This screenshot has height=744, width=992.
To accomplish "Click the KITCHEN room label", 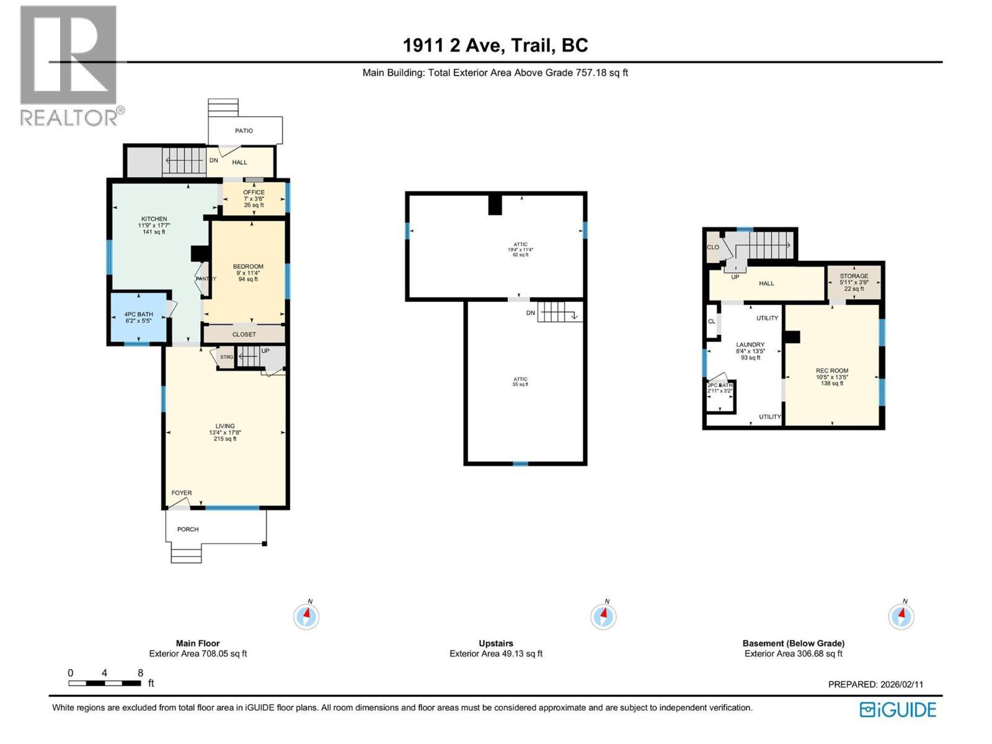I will click(154, 219).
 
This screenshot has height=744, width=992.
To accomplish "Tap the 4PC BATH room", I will click(138, 317).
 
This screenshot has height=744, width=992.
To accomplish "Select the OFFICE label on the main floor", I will click(254, 193).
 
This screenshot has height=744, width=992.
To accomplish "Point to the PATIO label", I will click(244, 131).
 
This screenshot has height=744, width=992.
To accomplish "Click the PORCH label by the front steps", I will click(188, 529).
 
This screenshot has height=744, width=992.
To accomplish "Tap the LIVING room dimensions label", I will click(225, 433).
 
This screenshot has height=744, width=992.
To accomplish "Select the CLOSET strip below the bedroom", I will click(244, 334).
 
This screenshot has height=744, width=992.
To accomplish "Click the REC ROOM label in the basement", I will click(831, 371).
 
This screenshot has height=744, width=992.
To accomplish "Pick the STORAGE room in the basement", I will click(854, 282).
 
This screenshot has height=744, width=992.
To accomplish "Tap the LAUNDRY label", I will click(750, 345).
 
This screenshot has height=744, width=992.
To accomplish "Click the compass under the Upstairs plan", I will click(603, 616).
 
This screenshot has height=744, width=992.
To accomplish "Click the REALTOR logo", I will click(69, 65).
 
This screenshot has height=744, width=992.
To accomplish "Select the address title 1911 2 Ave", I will click(495, 45).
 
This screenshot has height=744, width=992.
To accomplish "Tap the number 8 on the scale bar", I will click(141, 673).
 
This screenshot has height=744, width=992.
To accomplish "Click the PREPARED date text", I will click(875, 684).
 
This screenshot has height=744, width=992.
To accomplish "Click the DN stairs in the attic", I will click(558, 312).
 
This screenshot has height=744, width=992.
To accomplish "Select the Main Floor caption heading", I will click(198, 644).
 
